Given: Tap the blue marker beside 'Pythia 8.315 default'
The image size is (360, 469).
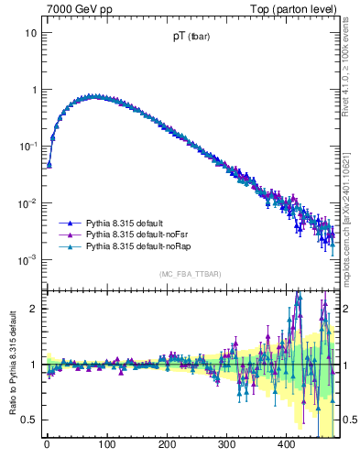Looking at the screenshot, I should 68,223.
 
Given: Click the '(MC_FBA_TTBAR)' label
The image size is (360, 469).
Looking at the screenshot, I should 191,274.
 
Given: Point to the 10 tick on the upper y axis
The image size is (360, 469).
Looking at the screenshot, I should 30,33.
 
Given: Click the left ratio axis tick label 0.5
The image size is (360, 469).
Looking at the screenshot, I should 28,420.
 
